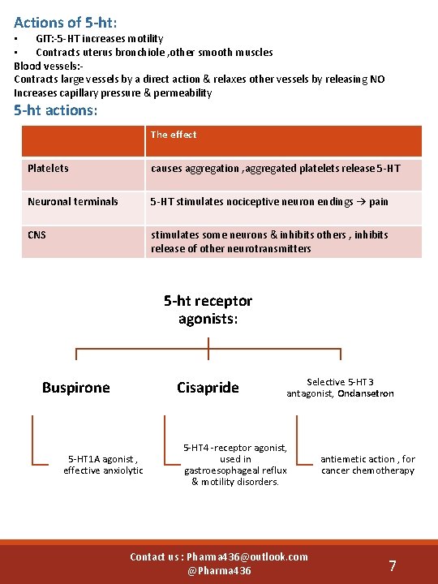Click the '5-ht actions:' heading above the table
(56, 109)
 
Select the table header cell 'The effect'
(174, 135)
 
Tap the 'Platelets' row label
(48, 169)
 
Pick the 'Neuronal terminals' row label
(72, 201)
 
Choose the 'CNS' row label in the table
(36, 235)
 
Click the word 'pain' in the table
(379, 201)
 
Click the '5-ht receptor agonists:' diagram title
(208, 310)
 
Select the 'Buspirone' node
(75, 388)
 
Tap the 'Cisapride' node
(208, 388)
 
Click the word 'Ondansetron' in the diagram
(366, 393)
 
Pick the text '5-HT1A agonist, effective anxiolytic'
(103, 465)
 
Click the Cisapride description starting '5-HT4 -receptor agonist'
(234, 465)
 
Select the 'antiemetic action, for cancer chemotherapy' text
(367, 465)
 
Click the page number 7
(393, 565)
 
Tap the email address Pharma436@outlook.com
(247, 556)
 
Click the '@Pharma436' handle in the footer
(219, 571)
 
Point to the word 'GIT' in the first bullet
(45, 39)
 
